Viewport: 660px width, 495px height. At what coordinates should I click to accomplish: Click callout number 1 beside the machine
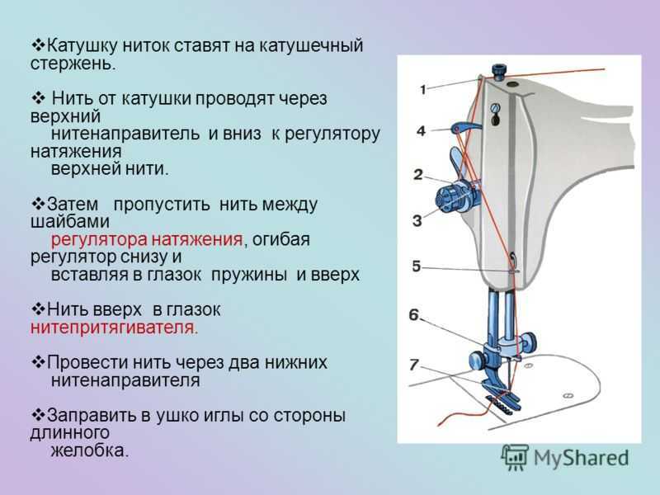423,89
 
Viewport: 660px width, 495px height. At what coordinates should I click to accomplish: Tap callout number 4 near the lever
421,131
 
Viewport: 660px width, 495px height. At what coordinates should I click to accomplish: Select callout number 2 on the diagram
418,174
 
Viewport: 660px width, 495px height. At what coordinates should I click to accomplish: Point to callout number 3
417,220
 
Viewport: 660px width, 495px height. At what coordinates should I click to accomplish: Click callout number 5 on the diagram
417,266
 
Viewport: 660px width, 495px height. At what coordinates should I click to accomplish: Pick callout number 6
414,314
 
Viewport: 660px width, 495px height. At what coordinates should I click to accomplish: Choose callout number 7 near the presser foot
414,364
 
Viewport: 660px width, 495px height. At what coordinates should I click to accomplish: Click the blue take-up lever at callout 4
465,126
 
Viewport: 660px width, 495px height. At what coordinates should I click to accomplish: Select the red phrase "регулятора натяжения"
147,239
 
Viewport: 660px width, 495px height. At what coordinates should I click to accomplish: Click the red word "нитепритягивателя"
114,327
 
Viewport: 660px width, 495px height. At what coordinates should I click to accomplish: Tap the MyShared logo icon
515,457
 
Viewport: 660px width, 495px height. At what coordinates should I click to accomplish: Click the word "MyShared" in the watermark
582,459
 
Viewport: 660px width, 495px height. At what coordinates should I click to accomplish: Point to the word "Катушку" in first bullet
81,45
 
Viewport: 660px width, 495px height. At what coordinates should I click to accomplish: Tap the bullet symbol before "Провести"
38,361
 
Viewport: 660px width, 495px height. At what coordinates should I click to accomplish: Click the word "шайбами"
70,221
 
